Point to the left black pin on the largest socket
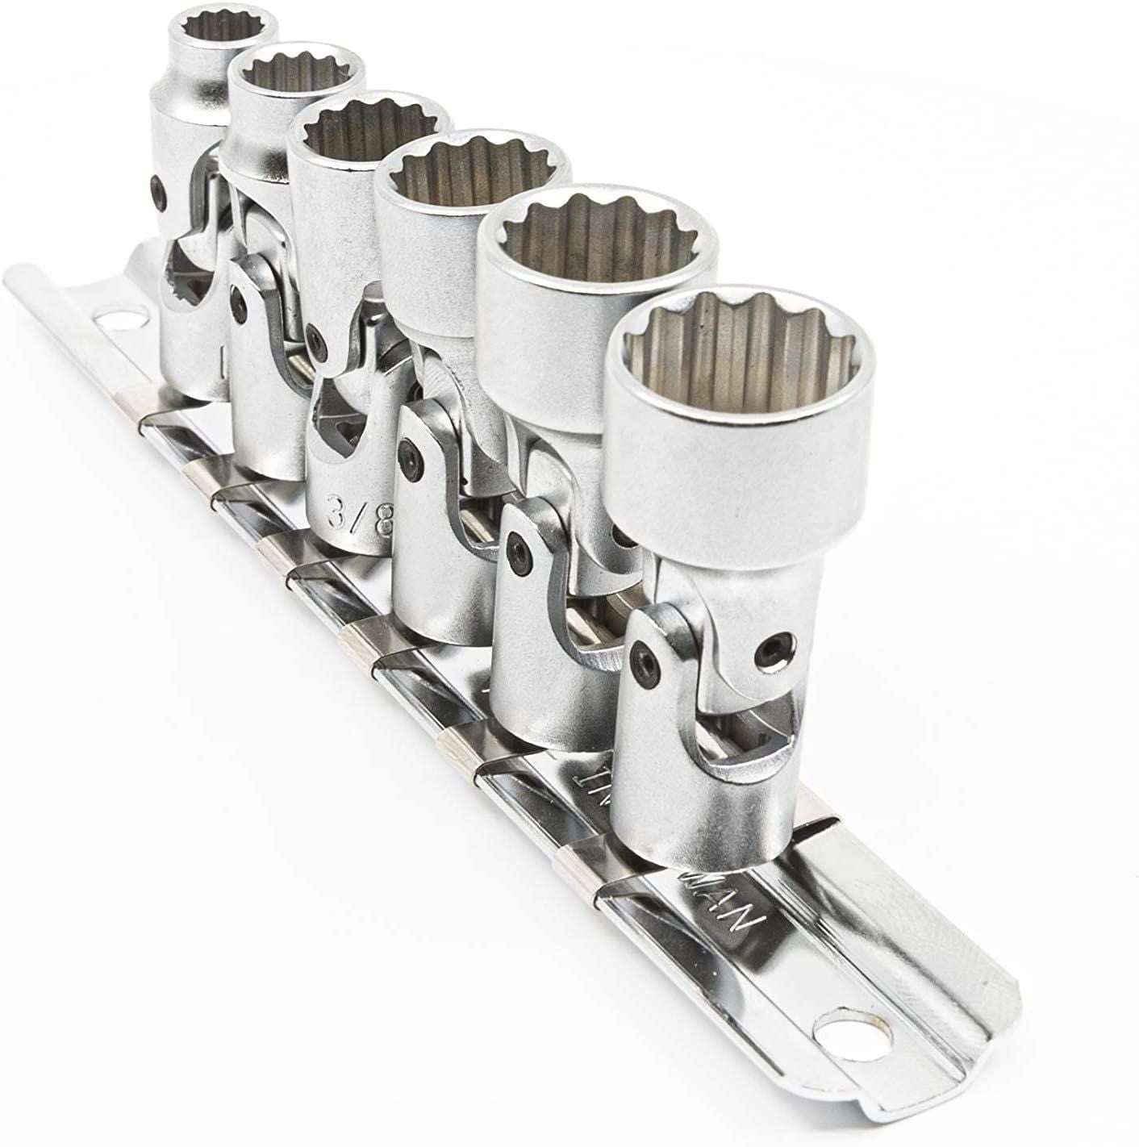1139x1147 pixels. (x=641, y=653)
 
